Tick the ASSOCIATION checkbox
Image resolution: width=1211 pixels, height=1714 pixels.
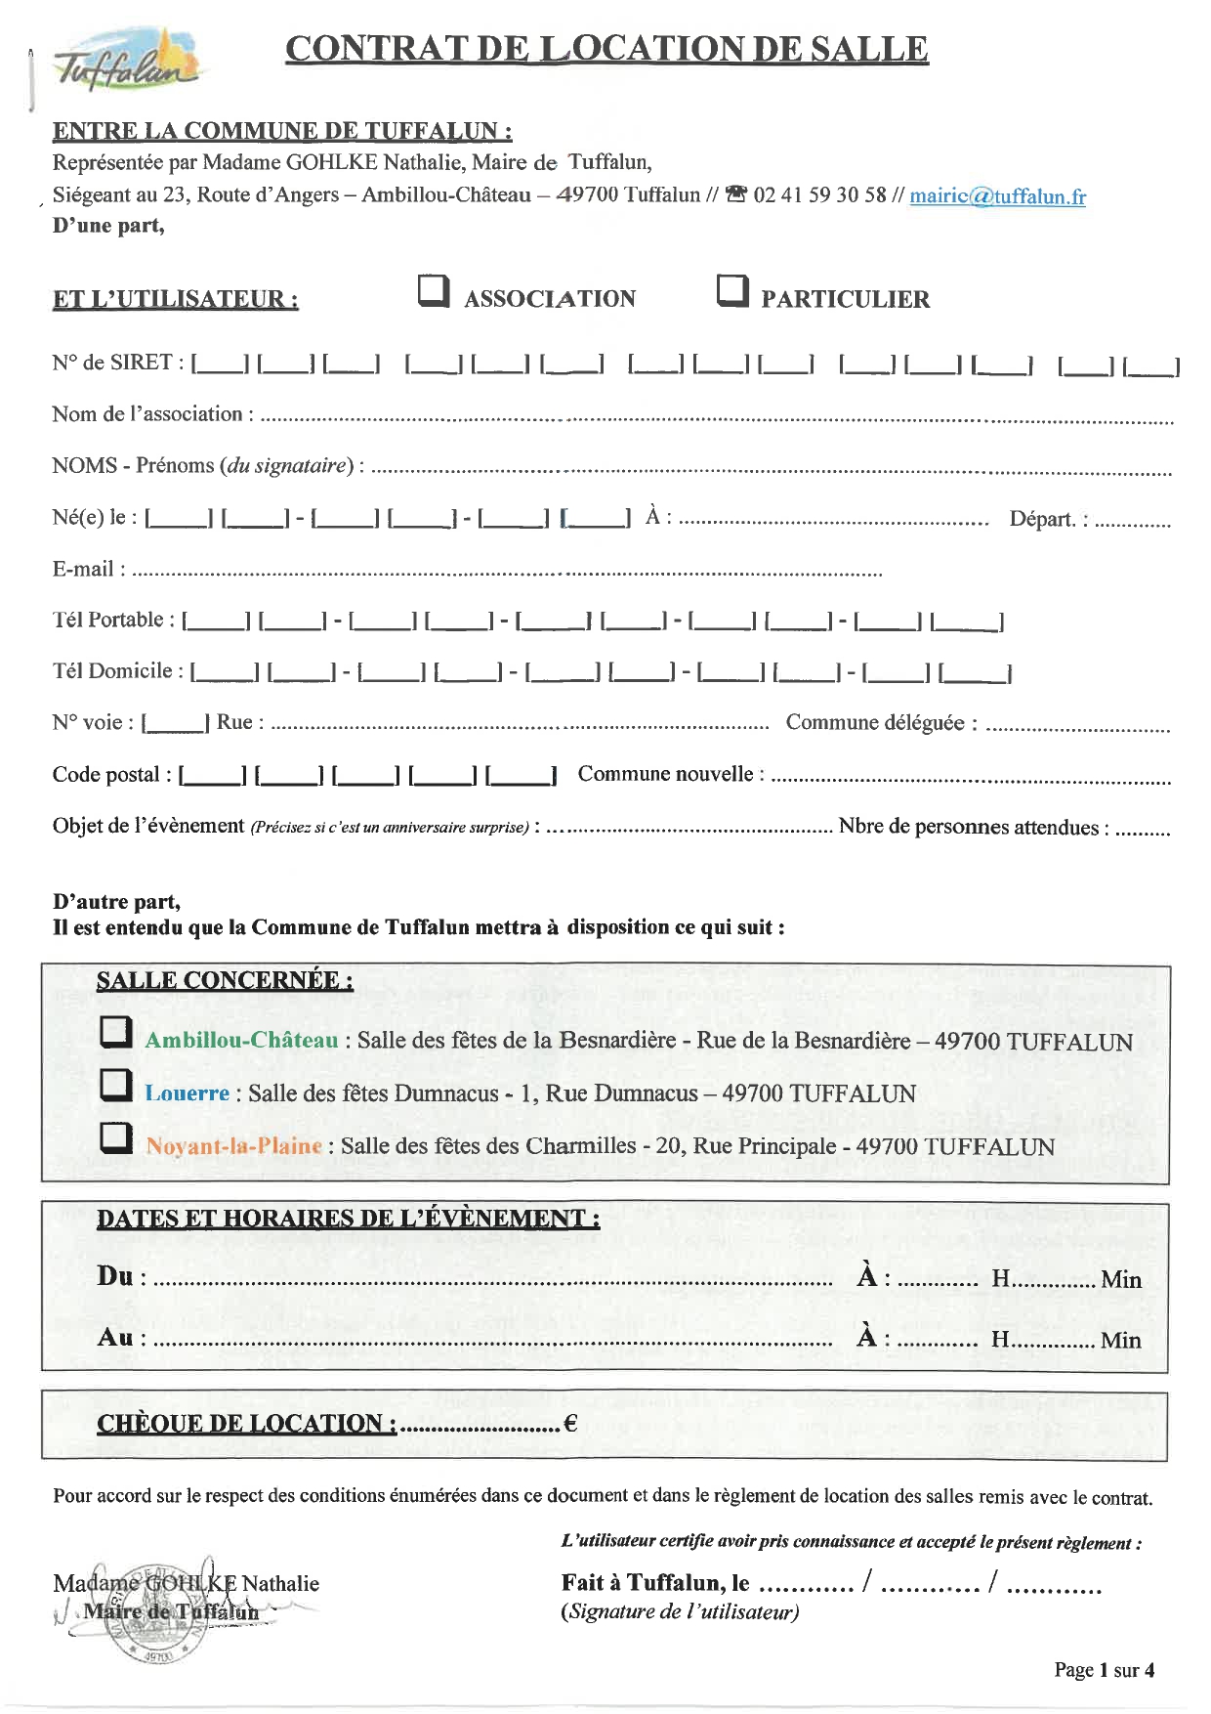434,290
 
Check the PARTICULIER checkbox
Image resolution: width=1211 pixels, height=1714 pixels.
732,290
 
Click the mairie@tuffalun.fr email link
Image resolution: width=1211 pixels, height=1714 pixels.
997,195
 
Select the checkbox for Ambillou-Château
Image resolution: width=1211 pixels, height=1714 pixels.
116,1032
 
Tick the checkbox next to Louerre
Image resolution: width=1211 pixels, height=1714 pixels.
116,1085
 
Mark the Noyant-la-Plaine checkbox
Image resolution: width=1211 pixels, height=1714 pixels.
116,1137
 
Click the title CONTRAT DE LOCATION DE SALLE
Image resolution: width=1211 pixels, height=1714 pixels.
606,49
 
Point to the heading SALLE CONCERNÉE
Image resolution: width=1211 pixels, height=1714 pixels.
225,980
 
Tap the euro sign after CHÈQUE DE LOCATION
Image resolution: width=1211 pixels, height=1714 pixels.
570,1424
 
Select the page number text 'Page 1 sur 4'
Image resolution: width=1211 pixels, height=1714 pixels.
1104,1670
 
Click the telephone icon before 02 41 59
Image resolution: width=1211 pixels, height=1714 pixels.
737,194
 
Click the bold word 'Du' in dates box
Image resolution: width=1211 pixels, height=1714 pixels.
115,1275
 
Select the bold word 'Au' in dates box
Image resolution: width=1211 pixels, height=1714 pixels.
115,1337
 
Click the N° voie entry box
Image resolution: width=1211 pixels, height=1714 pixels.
175,722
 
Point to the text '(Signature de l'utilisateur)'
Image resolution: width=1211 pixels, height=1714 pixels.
680,1611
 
